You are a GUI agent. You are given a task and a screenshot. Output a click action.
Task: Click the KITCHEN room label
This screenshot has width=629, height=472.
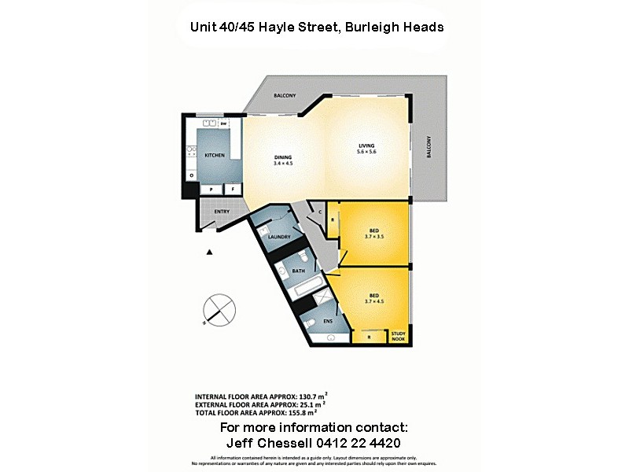215,155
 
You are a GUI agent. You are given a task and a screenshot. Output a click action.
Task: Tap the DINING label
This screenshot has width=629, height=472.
282,155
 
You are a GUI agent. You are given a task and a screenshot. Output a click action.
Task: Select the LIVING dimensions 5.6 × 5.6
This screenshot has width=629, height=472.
367,151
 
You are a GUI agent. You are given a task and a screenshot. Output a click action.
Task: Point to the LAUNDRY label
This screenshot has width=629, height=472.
279,237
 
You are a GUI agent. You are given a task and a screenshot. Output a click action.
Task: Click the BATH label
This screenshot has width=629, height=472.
298,271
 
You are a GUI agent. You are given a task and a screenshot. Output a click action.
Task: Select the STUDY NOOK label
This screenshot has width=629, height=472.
399,336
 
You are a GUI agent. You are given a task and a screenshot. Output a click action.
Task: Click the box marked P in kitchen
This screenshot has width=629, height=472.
211,189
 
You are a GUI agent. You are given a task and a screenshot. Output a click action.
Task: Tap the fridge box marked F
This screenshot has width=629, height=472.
234,189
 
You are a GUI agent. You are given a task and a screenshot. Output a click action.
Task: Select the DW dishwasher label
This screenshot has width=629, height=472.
223,124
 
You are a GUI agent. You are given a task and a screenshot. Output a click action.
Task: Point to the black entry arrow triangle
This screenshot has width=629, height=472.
210,252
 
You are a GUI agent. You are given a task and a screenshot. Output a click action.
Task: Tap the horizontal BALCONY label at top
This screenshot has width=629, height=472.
285,96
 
